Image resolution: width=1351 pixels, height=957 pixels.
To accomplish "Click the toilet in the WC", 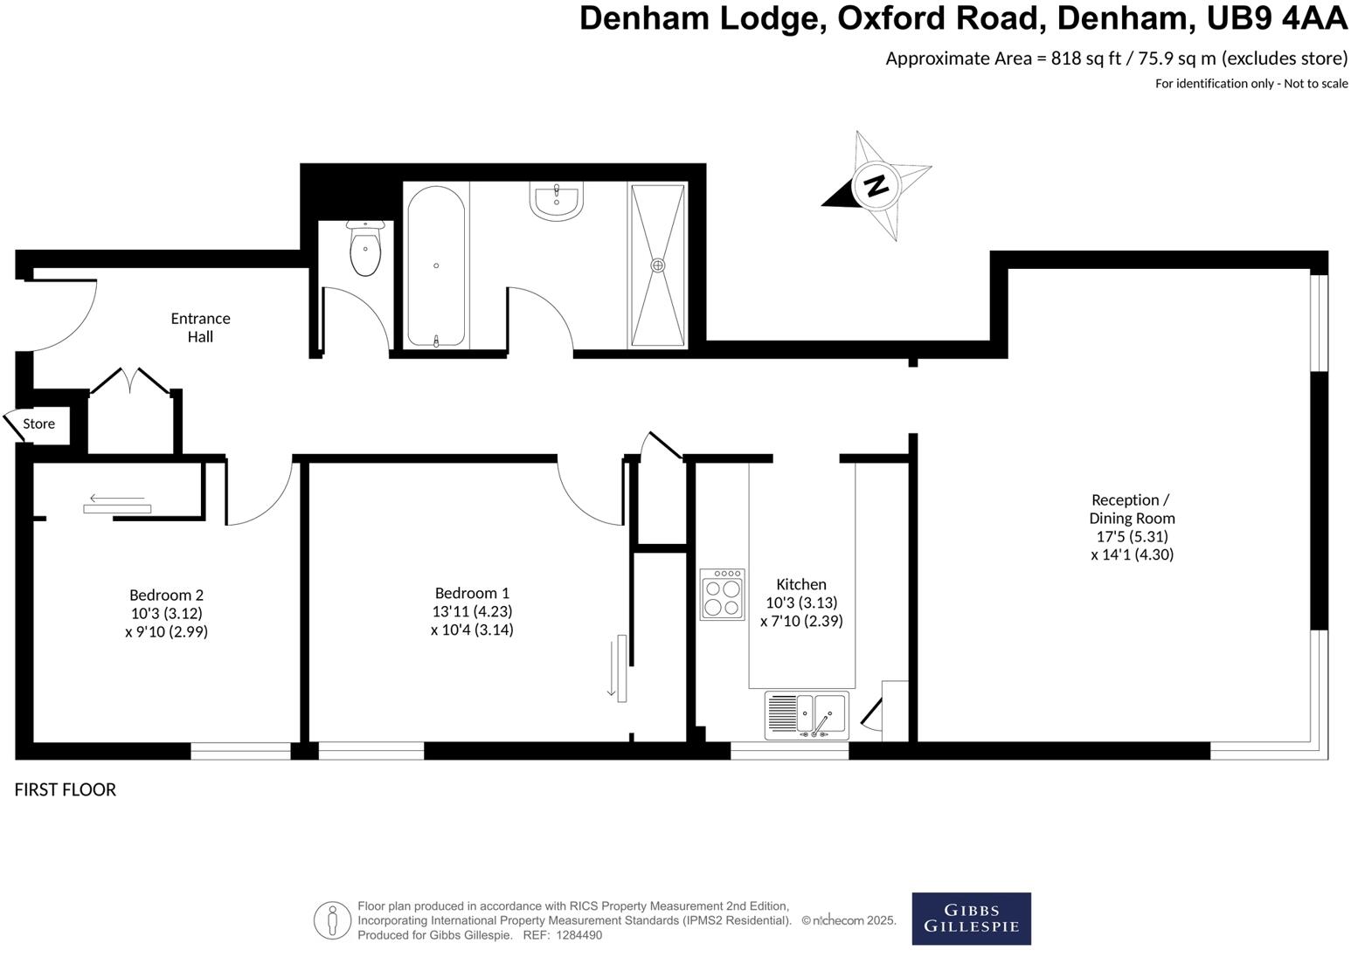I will [364, 250].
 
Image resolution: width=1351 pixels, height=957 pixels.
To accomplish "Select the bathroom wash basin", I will [556, 199].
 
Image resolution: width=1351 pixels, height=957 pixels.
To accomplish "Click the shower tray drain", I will [658, 265].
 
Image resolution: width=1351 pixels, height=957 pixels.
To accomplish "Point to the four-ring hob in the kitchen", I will [722, 596].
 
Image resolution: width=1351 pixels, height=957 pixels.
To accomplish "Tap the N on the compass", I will [876, 185].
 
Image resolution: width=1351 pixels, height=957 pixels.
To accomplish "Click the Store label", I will [38, 423].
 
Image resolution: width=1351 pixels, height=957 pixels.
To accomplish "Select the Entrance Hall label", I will [200, 327].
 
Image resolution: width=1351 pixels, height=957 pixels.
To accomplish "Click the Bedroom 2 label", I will [166, 595].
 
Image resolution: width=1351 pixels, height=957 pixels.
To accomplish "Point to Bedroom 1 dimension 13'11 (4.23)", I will [472, 611].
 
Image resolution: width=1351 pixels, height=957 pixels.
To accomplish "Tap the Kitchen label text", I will [801, 584].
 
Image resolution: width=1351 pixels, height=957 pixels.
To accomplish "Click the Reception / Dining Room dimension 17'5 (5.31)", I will [1132, 536].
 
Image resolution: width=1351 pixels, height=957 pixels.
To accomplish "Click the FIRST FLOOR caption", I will [66, 789].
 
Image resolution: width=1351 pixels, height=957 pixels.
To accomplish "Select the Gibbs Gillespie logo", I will [971, 919].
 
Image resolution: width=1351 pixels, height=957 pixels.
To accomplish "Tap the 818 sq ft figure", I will [1086, 59].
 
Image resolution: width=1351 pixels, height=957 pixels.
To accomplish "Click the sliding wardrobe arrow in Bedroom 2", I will [117, 499].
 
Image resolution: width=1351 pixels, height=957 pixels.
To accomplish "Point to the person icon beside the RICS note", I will [332, 920].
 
